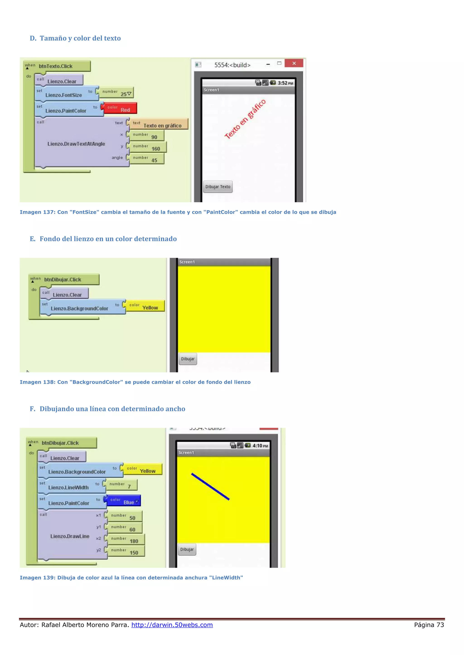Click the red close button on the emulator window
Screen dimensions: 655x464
point(294,63)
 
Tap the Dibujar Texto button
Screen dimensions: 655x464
point(218,187)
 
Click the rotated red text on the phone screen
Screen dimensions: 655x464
point(245,119)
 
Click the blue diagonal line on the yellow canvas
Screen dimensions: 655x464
point(210,487)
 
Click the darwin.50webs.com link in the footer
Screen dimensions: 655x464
point(172,625)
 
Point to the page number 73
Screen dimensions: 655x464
point(440,625)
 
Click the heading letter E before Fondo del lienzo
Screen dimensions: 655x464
point(33,239)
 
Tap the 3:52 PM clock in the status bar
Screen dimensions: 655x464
point(285,83)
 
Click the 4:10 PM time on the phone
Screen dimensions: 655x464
point(260,446)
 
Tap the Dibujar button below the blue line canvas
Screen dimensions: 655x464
point(187,549)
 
